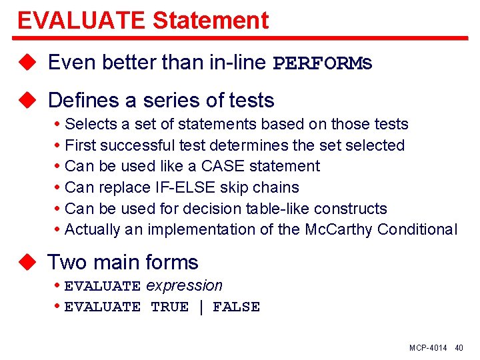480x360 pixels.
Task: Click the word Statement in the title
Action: [211, 21]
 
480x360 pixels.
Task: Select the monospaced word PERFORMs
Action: [323, 63]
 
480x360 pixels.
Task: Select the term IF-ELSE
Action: [178, 187]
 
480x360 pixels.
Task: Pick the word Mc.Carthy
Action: [338, 229]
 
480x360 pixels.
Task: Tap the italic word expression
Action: [184, 285]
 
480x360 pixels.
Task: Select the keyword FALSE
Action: [236, 307]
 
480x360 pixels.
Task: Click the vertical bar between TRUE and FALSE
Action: [201, 307]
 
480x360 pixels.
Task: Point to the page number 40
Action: [459, 348]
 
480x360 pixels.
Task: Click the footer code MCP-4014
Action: [428, 348]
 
